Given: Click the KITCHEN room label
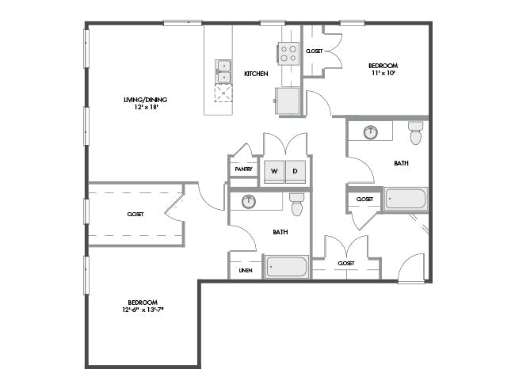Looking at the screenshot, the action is (256, 74).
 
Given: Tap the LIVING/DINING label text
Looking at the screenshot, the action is (146, 100).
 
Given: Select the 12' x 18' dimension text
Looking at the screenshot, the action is (146, 107).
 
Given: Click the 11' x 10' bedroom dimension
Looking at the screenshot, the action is (383, 73).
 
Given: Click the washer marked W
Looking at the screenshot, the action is (274, 172).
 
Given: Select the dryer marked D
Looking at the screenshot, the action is (296, 172).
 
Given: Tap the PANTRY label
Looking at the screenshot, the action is (243, 169).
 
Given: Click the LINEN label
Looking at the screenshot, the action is (246, 271).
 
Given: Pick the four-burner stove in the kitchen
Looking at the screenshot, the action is (288, 54).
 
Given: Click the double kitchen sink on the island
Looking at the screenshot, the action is (223, 71).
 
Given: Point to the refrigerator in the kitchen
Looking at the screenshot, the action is (288, 101).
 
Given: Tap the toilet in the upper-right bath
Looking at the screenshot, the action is (416, 132).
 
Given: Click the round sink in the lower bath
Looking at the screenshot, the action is (249, 201).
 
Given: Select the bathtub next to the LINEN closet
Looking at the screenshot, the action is (287, 267).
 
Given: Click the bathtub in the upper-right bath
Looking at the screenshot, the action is (406, 199).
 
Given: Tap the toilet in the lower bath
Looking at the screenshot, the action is (297, 204).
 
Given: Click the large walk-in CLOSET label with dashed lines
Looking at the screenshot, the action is (135, 215).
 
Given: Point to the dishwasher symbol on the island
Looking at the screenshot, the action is (223, 93).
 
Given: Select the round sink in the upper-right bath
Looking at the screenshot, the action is (371, 132).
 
